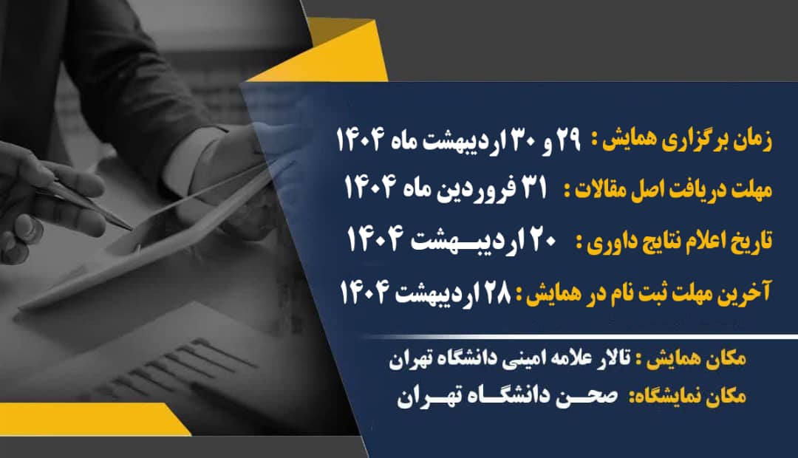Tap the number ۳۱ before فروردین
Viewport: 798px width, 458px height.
click(x=533, y=188)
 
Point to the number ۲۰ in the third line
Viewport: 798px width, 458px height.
click(x=542, y=238)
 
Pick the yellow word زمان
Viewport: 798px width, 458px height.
click(x=751, y=140)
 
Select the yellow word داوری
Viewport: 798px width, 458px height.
click(x=608, y=242)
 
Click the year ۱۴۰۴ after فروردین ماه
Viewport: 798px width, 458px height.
click(x=371, y=188)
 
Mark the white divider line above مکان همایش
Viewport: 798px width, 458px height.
click(x=580, y=336)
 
